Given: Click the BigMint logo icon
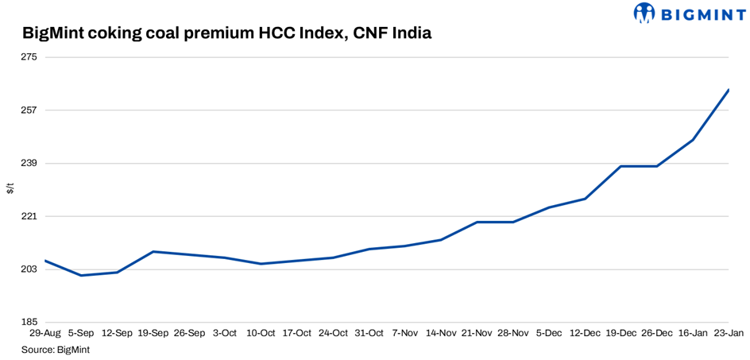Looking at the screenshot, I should pos(644,13).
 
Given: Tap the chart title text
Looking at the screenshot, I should pos(226,33).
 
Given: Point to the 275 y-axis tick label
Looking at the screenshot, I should pos(31,57).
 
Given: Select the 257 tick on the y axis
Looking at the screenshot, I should pos(31,110).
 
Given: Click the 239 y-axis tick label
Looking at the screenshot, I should pos(31,164).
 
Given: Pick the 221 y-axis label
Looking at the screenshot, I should pos(31,216).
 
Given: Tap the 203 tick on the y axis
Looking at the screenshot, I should pos(31,269).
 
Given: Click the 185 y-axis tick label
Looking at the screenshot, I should pos(31,322).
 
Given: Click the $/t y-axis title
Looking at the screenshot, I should pos(10,188).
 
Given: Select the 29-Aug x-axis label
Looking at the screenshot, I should pos(45,334).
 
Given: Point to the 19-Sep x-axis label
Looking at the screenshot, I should pos(153,334).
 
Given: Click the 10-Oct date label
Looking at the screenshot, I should pos(261,334).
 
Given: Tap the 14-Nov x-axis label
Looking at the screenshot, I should pos(441,334).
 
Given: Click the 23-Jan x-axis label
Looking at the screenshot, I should pos(729,334).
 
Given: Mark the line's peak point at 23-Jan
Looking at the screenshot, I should pos(729,90).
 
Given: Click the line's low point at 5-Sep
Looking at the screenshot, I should pos(81,276).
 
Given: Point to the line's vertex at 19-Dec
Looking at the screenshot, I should pos(621,166).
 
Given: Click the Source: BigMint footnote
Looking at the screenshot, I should pos(55,350).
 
